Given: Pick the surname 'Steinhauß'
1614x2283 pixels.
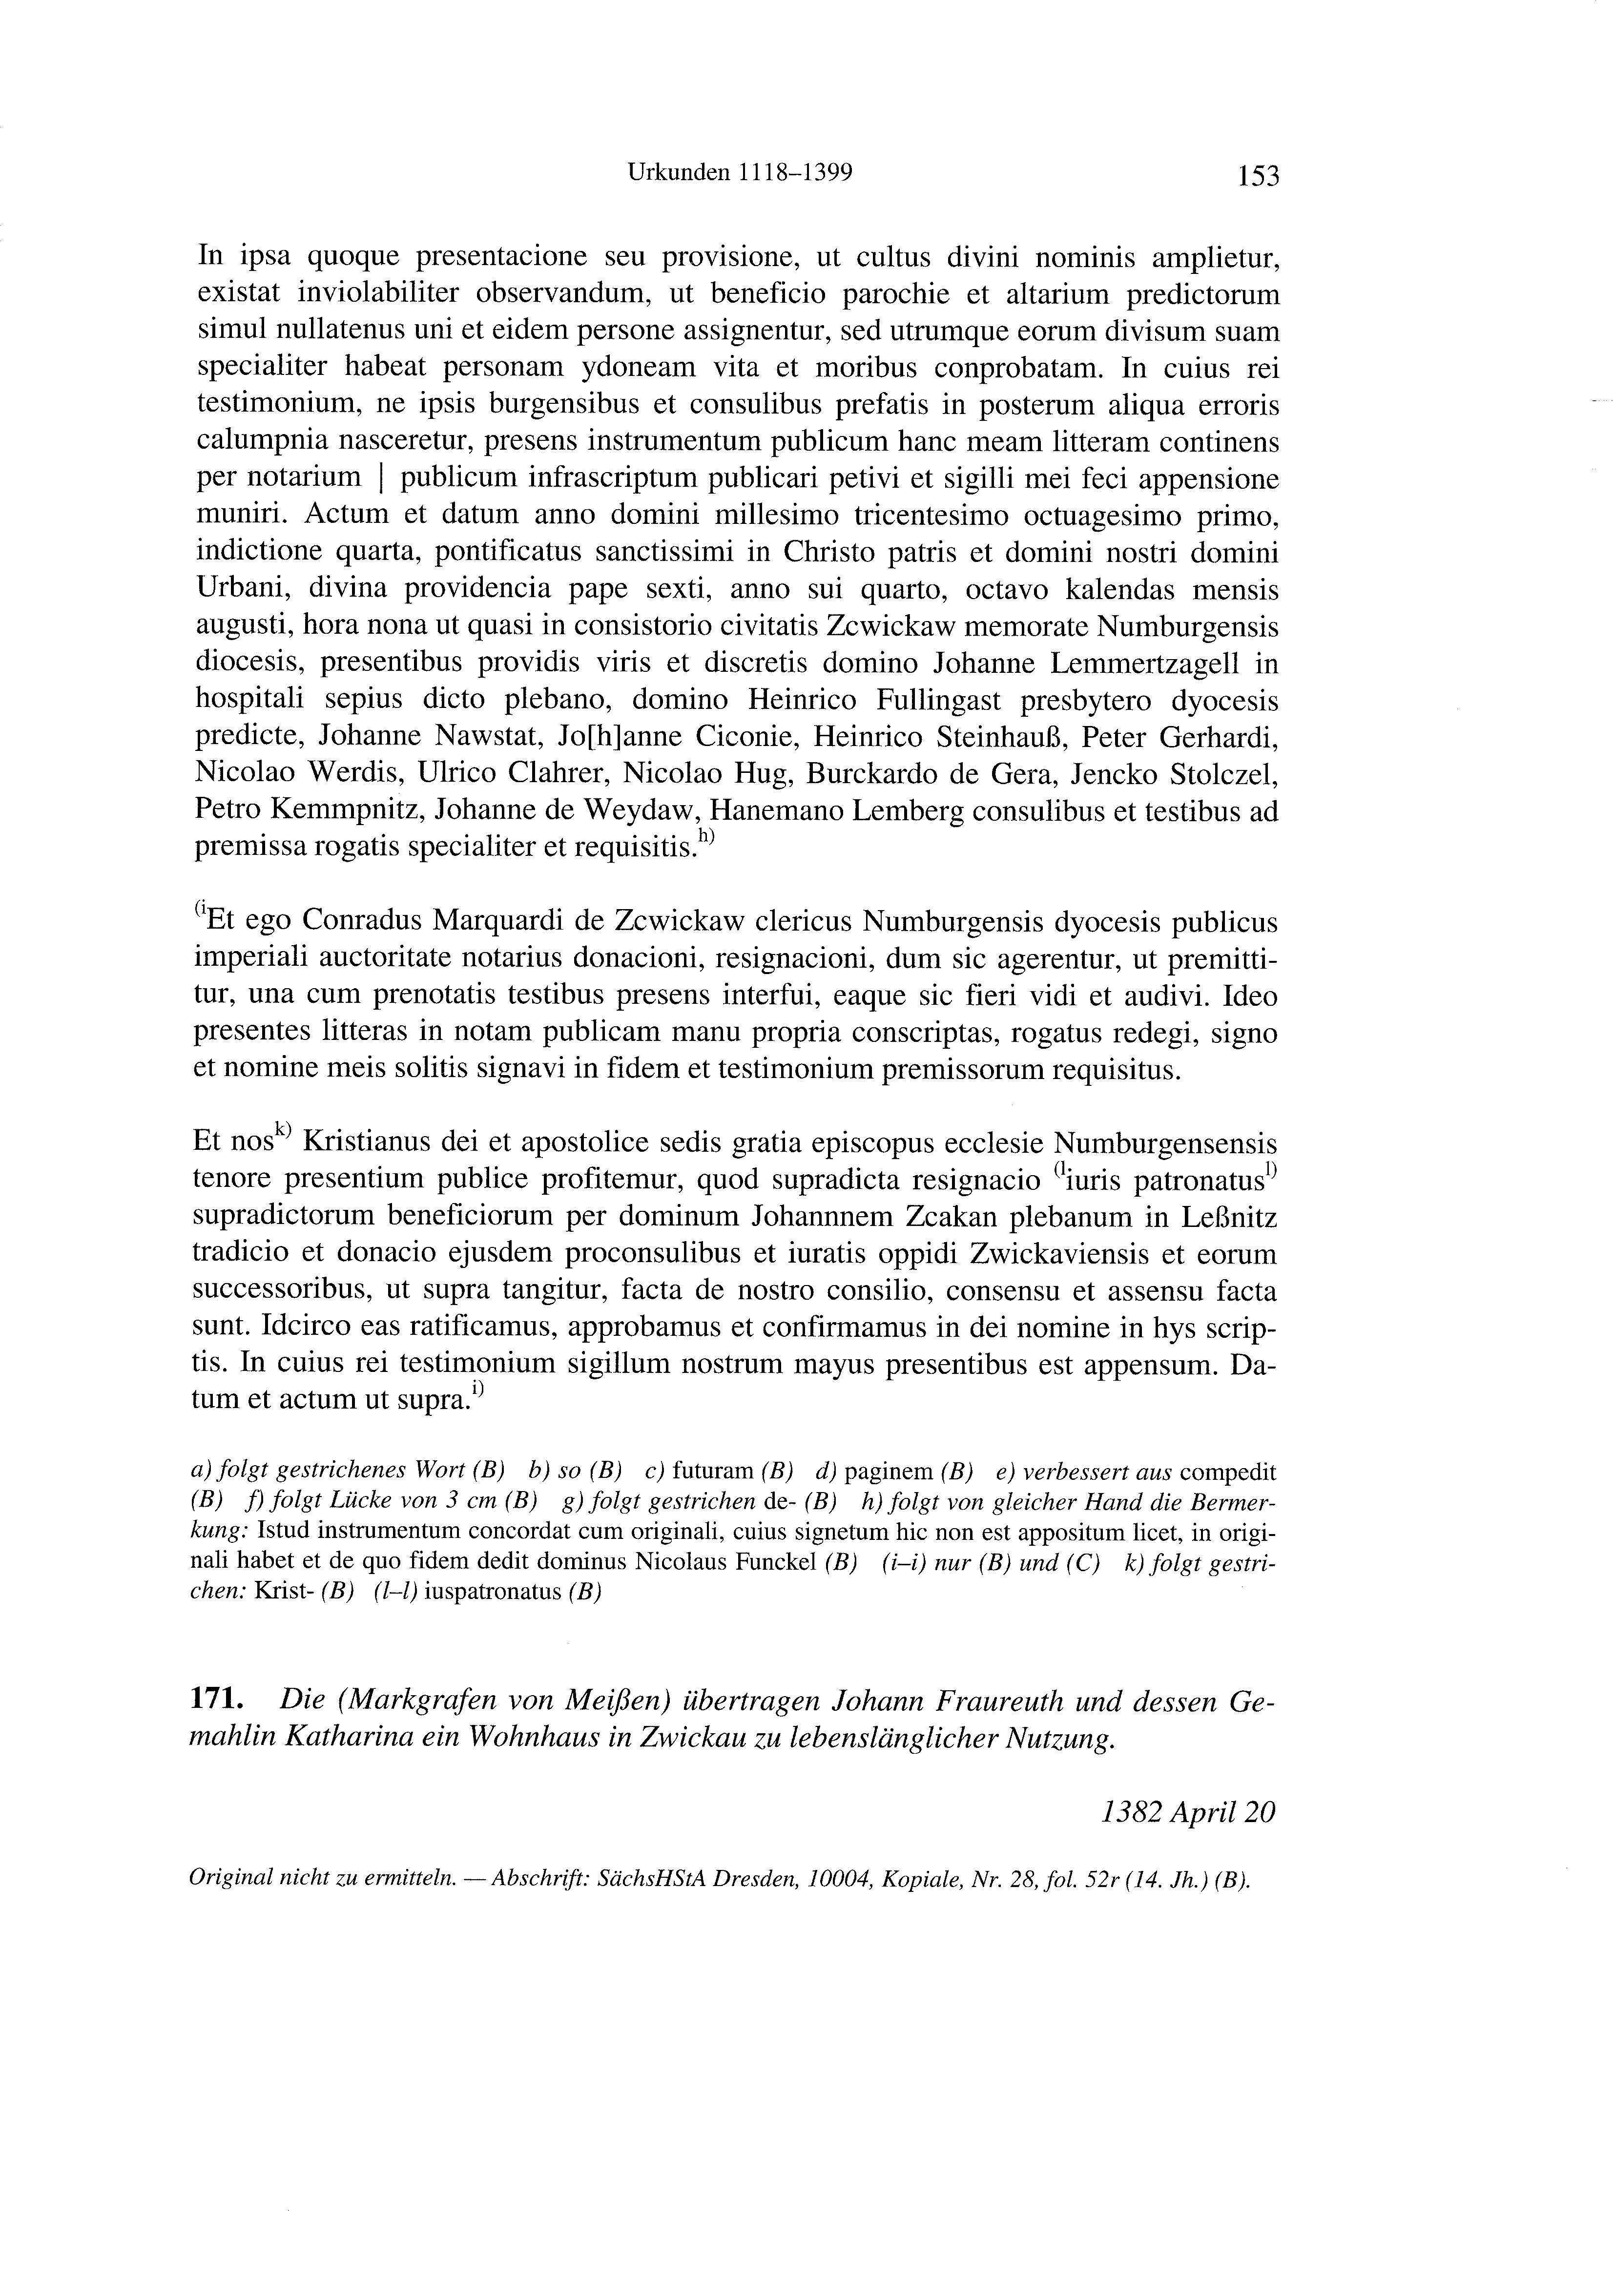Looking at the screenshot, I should click(x=991, y=738).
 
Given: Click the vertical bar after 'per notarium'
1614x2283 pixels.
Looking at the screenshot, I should click(x=382, y=478).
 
